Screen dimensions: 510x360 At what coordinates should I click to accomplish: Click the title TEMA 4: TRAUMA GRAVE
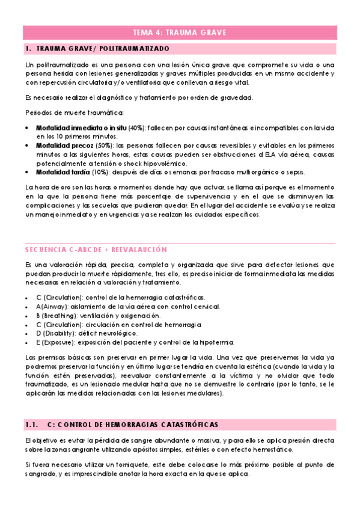(x=179, y=33)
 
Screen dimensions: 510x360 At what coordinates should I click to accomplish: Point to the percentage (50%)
(x=103, y=146)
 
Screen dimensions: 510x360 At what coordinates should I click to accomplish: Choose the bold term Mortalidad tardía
(x=64, y=173)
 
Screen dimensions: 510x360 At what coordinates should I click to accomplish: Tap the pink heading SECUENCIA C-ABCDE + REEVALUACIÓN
(x=96, y=249)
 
